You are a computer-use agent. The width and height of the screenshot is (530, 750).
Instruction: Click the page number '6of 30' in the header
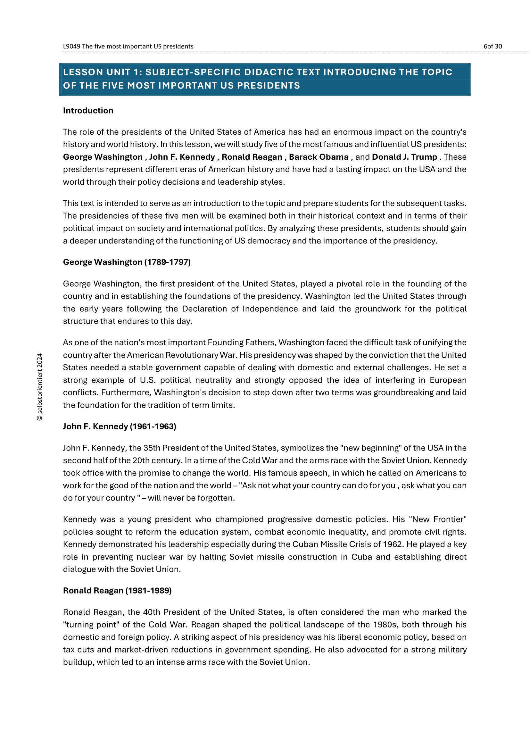click(493, 46)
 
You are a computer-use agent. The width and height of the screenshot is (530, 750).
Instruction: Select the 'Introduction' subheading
click(88, 111)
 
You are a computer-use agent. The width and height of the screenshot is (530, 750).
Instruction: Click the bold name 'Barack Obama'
click(319, 157)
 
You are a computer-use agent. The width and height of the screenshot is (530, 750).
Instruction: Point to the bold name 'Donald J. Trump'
click(404, 157)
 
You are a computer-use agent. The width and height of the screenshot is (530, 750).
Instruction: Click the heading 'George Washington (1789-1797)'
click(127, 262)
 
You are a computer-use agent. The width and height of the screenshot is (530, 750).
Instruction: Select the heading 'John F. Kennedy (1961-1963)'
click(120, 426)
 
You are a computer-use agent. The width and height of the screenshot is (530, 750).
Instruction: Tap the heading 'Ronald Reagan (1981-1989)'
click(117, 591)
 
